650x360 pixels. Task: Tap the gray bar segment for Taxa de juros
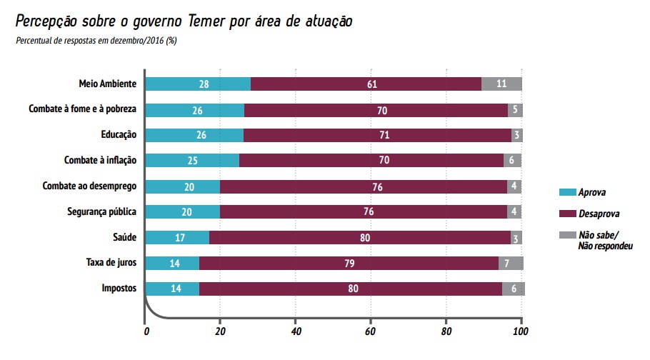511,263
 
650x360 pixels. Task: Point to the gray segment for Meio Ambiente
501,84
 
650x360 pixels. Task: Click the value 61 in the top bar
371,84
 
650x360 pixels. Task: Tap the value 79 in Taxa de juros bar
350,264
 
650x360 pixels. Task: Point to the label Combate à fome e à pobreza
82,109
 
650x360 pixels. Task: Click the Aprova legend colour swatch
567,193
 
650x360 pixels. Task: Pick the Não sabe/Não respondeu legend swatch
567,235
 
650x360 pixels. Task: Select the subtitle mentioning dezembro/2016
96,40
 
